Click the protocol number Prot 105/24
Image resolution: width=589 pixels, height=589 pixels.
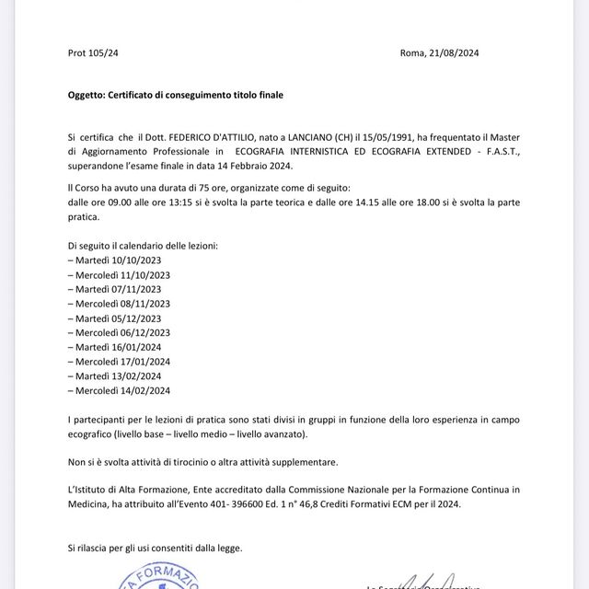pyautogui.click(x=93, y=53)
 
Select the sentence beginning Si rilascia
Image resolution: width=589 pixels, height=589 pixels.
pyautogui.click(x=155, y=548)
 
